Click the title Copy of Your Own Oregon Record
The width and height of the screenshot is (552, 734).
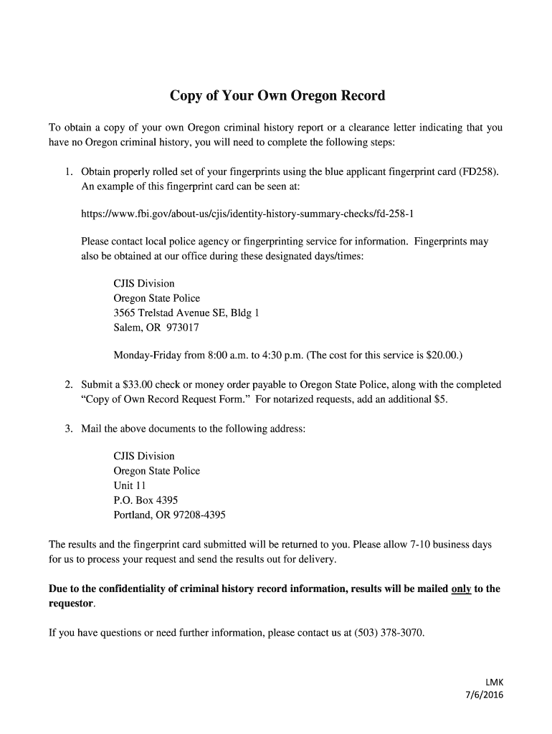tap(277, 95)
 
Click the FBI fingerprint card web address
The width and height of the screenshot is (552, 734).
tap(247, 214)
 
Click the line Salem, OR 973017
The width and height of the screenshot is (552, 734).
tap(156, 328)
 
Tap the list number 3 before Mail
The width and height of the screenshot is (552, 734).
tap(67, 429)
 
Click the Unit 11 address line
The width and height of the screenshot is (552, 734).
tap(130, 485)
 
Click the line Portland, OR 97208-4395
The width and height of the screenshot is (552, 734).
tap(169, 515)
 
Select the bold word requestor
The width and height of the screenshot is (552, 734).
tap(71, 604)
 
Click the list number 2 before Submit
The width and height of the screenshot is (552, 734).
tap(67, 385)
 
